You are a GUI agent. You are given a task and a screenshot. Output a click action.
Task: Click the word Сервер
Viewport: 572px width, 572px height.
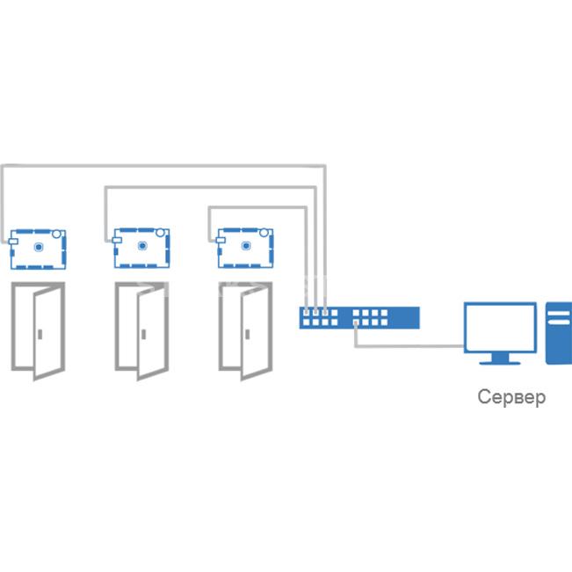(511, 397)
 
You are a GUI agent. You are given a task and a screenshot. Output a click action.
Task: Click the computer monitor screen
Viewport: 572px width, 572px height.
(500, 328)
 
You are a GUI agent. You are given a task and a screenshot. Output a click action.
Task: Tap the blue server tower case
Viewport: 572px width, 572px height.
(559, 333)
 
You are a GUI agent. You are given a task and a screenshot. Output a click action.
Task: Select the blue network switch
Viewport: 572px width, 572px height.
(359, 318)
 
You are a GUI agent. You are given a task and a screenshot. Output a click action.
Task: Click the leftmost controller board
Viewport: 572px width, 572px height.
(37, 250)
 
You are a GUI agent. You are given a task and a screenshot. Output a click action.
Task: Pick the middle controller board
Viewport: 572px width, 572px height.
(141, 248)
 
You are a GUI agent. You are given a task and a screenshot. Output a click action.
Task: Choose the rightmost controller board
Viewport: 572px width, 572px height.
(245, 248)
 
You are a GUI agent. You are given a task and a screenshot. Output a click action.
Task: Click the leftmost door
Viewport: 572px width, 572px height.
(39, 330)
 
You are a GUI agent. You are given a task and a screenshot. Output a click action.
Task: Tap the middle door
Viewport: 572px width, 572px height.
(142, 330)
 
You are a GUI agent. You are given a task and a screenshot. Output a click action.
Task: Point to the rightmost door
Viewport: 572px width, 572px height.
(245, 330)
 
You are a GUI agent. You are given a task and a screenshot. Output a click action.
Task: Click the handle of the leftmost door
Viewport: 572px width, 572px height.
(40, 334)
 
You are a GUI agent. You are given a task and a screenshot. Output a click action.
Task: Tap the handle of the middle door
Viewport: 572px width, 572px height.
(144, 334)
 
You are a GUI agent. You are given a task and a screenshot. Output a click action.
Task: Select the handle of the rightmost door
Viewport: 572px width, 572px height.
(247, 334)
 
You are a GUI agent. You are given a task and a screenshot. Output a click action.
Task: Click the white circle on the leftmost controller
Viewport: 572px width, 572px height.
(56, 234)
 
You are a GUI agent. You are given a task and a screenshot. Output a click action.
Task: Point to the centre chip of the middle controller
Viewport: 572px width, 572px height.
(142, 246)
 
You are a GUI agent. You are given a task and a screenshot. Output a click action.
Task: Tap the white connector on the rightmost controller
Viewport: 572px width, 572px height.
(220, 240)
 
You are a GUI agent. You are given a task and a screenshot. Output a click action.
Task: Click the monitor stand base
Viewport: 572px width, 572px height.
(500, 363)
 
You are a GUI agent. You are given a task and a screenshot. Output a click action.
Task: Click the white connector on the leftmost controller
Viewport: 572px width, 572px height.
(13, 242)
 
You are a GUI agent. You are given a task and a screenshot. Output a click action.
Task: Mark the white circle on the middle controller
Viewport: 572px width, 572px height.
(160, 232)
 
